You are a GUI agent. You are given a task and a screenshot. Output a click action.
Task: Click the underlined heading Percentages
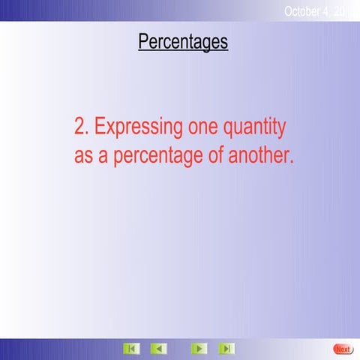183,42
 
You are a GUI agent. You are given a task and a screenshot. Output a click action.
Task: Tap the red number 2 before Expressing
80,127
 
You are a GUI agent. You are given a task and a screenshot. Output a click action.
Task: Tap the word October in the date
304,10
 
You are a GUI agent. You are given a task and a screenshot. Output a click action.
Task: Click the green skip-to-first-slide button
131,349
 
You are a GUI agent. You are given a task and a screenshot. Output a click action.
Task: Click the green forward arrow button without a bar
199,349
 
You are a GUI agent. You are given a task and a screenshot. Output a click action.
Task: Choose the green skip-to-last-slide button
226,349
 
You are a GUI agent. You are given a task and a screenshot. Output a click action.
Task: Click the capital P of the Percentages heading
143,42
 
